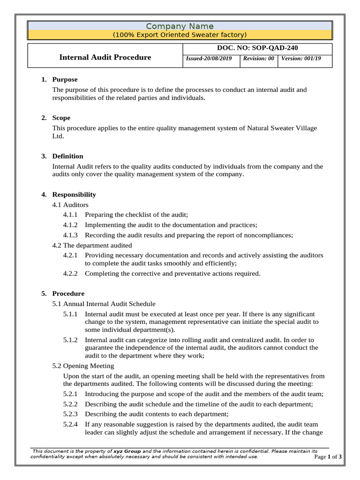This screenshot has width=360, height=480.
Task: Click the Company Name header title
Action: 180,26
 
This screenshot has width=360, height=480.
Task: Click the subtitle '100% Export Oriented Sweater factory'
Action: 180,35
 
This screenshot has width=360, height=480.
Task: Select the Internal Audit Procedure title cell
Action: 105,57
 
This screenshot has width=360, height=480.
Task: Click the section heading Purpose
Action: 65,80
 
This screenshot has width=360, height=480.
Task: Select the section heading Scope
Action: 61,118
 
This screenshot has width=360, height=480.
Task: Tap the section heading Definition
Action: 67,156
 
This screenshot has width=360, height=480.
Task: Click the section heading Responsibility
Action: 74,195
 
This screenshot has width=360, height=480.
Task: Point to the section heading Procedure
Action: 68,294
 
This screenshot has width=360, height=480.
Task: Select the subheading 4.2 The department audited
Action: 92,245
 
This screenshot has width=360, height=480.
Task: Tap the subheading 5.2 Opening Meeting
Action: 83,366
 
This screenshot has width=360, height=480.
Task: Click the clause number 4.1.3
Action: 71,235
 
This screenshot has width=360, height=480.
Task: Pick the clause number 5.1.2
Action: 71,340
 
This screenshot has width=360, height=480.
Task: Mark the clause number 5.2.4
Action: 71,424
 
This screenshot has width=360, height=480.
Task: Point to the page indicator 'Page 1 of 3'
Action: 328,457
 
